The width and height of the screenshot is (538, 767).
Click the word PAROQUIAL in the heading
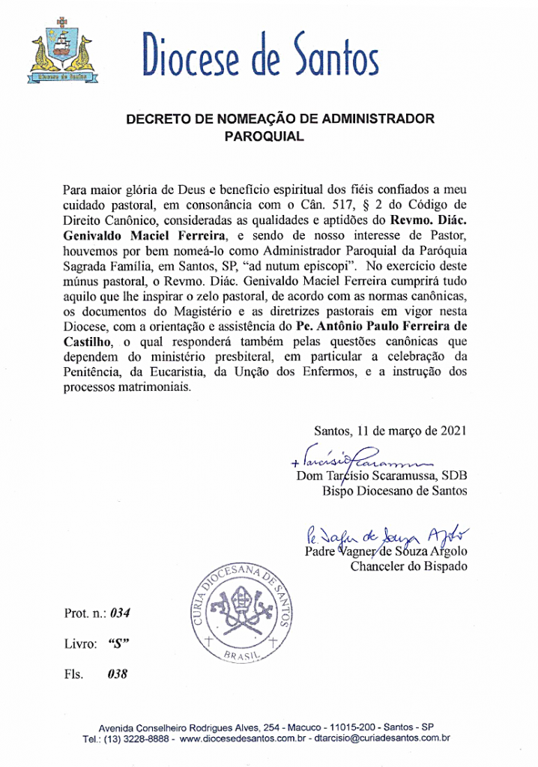263,137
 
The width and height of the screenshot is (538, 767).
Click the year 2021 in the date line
452,431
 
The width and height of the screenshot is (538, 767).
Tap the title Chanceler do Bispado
408,566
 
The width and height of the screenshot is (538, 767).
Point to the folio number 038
117,673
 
